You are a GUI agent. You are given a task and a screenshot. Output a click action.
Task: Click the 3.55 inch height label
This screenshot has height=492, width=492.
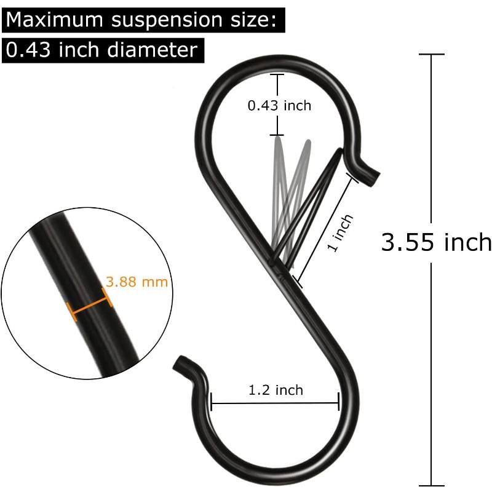[x=436, y=242]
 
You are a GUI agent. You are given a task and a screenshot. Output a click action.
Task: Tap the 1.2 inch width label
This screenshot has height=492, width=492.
[x=276, y=390]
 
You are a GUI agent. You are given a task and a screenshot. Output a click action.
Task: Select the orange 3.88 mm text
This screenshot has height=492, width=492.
[x=137, y=282]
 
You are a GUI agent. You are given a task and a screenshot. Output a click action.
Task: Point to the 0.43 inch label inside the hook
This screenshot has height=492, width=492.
[x=279, y=106]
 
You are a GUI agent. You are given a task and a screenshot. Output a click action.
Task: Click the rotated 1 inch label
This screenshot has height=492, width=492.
[x=339, y=232]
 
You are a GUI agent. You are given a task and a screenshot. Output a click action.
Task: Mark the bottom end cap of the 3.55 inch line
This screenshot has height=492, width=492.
[x=429, y=485]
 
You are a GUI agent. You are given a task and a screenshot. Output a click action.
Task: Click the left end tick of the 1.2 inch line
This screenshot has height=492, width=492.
[x=211, y=402]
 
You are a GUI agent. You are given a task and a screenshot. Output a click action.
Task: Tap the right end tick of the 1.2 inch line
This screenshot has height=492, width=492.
[x=339, y=402]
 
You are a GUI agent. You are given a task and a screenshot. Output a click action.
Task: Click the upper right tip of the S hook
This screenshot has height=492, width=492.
[x=373, y=177]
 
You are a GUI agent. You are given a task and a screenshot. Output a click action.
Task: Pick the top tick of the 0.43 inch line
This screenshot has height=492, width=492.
[x=277, y=74]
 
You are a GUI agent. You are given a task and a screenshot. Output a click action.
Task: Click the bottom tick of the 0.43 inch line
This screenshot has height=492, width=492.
[x=277, y=135]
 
